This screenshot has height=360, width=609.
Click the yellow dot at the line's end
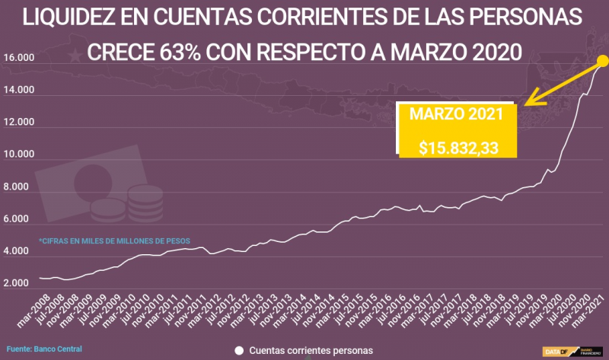602,61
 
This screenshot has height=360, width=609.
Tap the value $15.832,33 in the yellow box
458,147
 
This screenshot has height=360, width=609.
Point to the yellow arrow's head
528,103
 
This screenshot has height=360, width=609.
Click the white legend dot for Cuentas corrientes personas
239,351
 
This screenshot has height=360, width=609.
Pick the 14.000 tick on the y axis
18,91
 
